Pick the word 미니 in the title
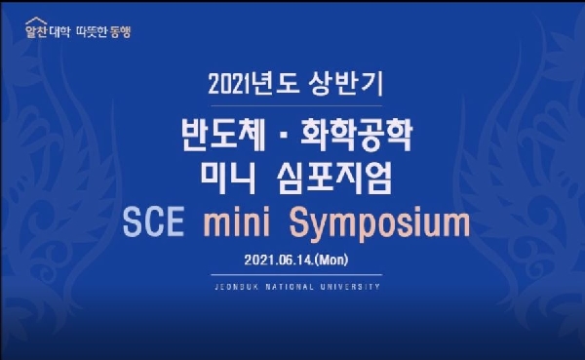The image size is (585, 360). tap(234, 176)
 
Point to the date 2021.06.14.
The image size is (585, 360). tap(279, 260)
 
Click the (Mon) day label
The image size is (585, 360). tap(330, 260)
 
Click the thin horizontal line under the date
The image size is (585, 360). tap(292, 276)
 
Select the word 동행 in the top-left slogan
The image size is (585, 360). tap(120, 32)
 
